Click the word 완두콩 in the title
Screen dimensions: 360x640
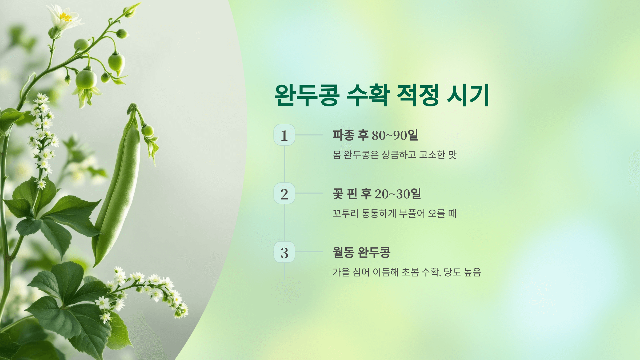tap(307, 95)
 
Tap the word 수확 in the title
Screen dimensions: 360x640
tap(368, 95)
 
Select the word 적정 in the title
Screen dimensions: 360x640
tap(418, 95)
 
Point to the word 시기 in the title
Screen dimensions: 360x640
tap(468, 95)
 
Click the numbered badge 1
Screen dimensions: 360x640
tap(284, 135)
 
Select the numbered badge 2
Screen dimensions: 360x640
tap(284, 194)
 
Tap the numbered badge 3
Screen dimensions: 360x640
tap(284, 252)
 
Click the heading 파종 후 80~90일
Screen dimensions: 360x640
tap(375, 135)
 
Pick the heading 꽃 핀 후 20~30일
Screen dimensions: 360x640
tap(377, 194)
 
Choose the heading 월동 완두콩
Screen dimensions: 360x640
tap(362, 252)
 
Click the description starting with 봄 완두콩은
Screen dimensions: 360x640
tap(394, 155)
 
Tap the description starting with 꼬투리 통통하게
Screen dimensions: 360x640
tap(394, 213)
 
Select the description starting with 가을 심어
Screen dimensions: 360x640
tap(407, 272)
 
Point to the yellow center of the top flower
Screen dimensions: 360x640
tap(65, 17)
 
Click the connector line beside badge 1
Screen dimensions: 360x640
tap(309, 135)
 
